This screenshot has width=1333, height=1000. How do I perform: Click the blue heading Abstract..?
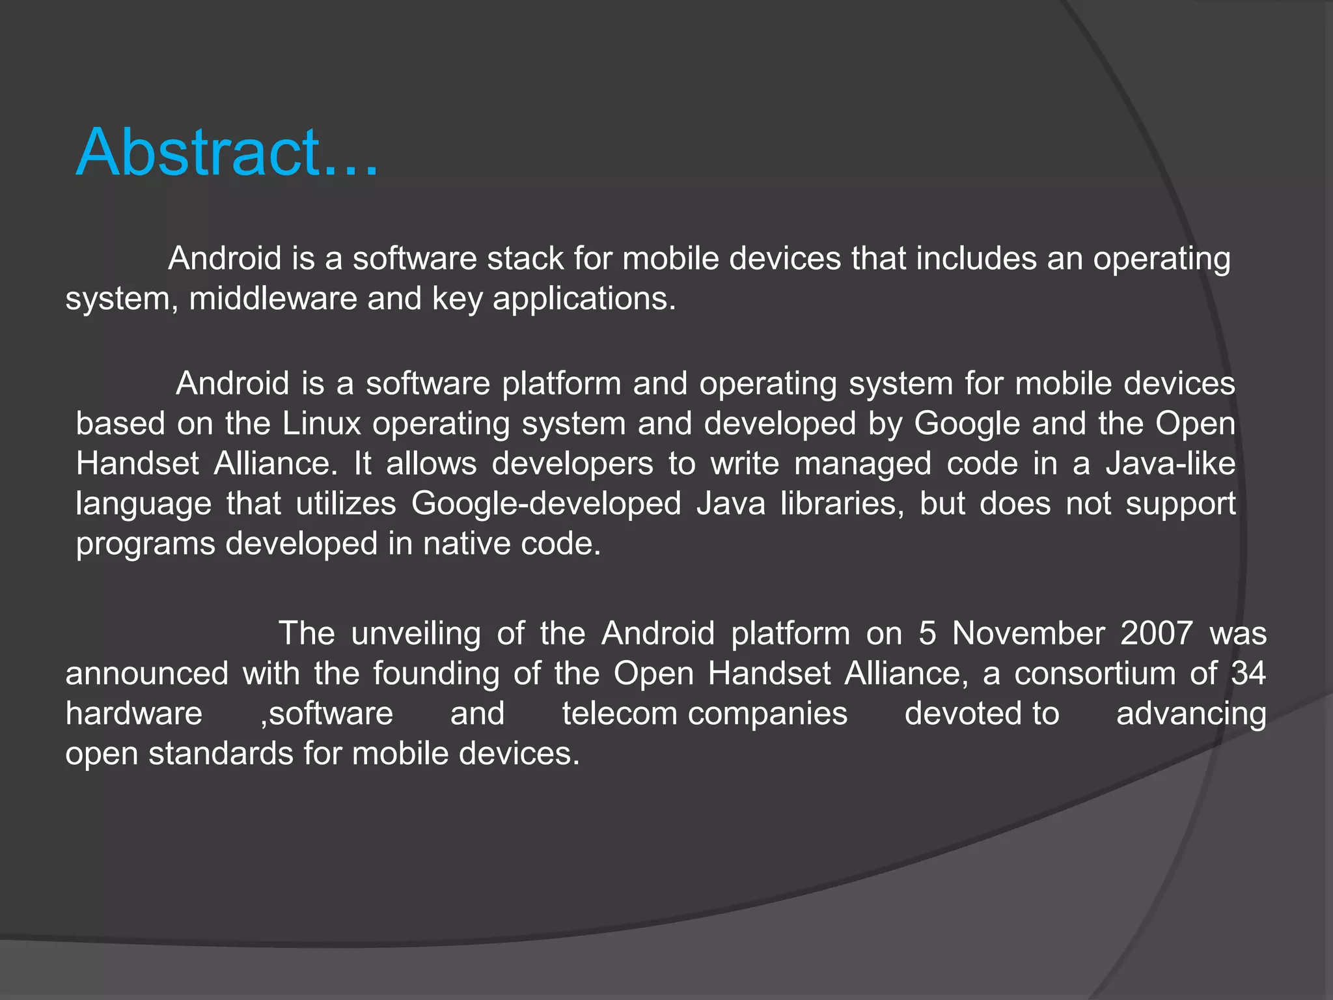pos(227,152)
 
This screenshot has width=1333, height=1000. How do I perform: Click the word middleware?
pos(273,299)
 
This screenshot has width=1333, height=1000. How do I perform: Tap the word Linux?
pos(322,424)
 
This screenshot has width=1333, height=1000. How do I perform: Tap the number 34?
pos(1248,673)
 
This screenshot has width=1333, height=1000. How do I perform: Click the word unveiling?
pos(416,633)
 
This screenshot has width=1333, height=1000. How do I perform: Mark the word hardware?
pos(134,714)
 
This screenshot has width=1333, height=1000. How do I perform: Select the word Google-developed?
pos(546,504)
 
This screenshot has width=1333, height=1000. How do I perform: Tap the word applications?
pos(584,299)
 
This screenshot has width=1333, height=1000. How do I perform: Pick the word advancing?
pos(1191,714)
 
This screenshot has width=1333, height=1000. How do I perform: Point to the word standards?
pos(221,754)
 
